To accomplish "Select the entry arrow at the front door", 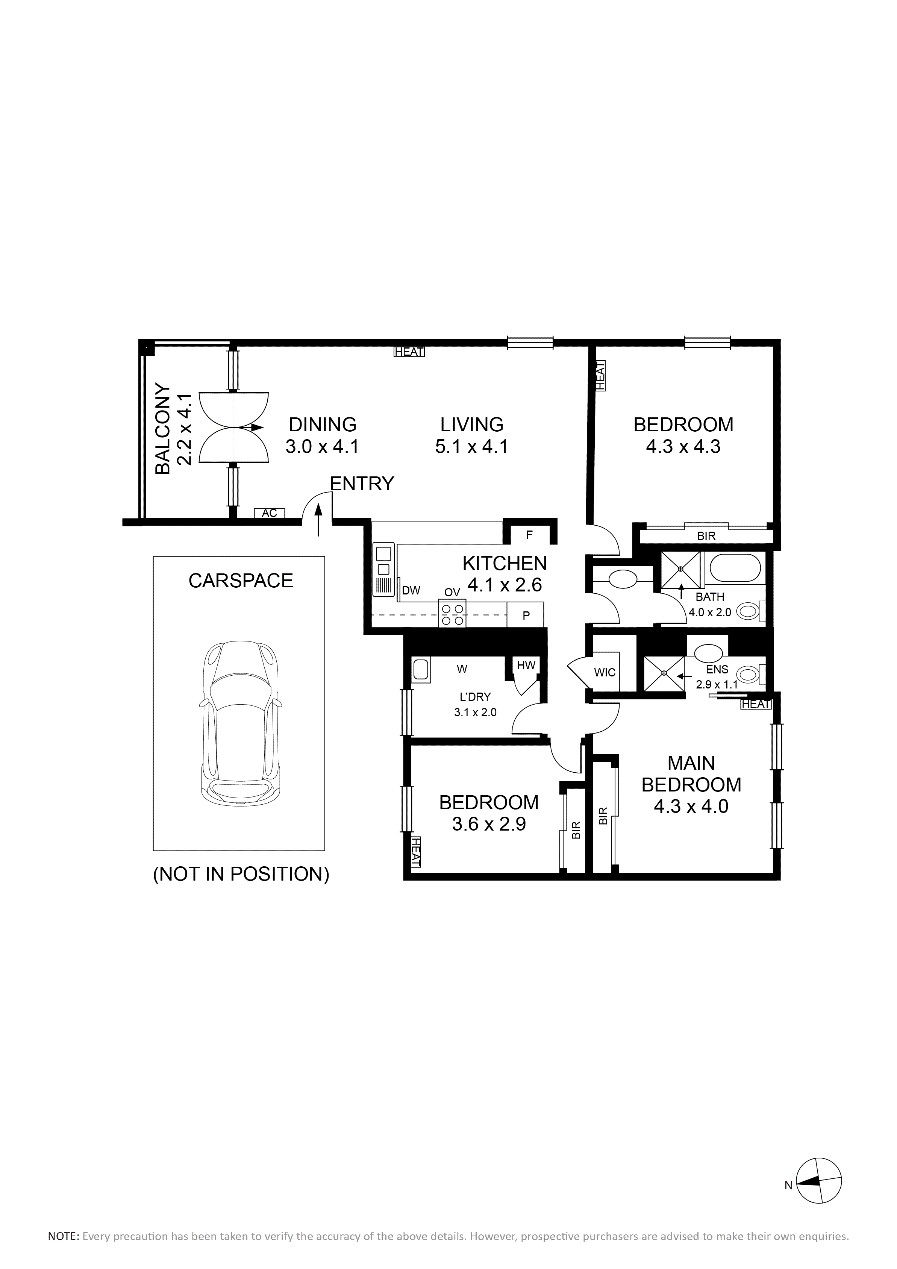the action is [x=318, y=520].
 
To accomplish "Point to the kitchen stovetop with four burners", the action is [x=452, y=614].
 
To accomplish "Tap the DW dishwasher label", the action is [x=411, y=590].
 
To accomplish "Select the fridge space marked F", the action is [x=529, y=535].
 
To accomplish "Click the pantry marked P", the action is [x=526, y=615].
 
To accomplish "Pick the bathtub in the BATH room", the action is [x=735, y=569].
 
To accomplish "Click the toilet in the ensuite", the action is [x=752, y=674].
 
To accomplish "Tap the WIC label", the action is [x=605, y=673].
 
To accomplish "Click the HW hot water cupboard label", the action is [x=526, y=666].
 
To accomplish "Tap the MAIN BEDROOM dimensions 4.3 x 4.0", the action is [x=691, y=807].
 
